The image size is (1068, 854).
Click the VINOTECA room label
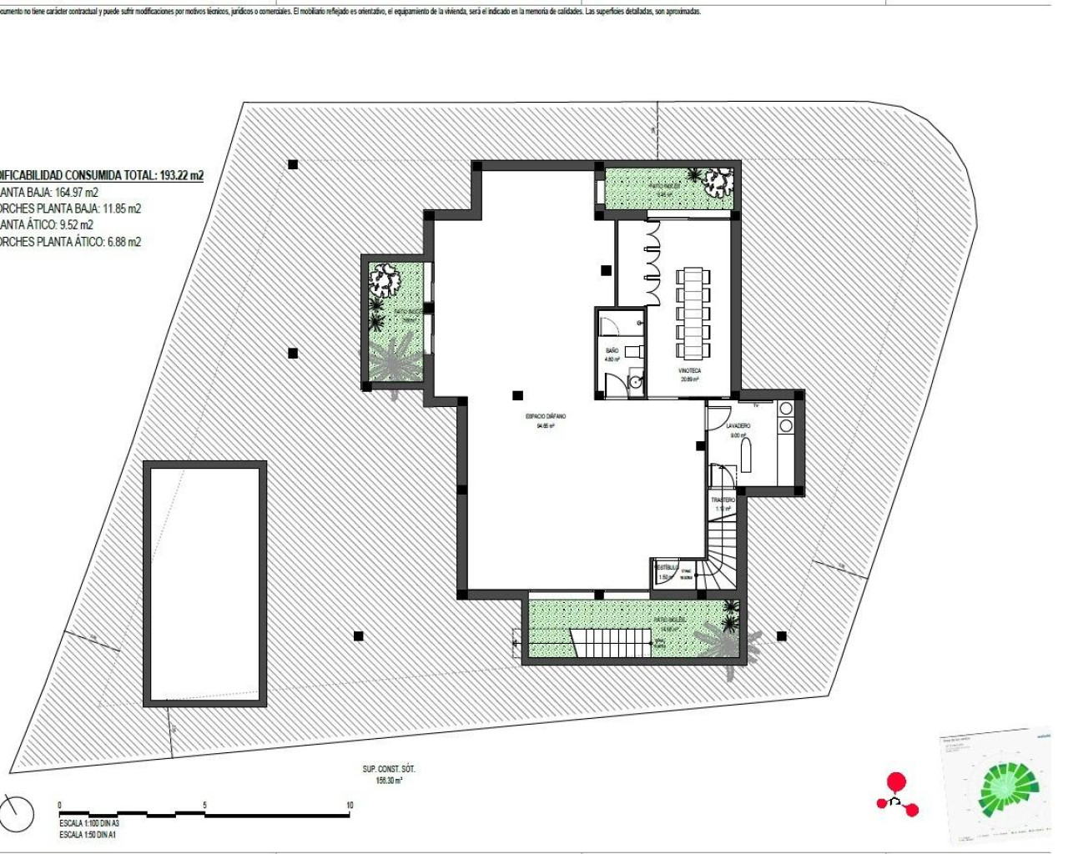tap(689, 370)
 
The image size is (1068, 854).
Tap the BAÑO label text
tap(612, 350)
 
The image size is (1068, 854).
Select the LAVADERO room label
tap(738, 425)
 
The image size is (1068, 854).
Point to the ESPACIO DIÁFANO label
tap(546, 415)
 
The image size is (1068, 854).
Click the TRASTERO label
tap(723, 500)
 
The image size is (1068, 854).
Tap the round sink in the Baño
tap(636, 383)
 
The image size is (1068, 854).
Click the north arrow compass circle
tap(18, 814)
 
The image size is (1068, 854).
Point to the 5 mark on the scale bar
tap(204, 806)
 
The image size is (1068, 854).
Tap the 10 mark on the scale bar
tap(350, 806)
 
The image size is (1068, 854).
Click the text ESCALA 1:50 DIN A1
tap(88, 834)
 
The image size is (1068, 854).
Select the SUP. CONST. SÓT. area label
tap(389, 769)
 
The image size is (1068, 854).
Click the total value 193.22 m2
tap(181, 175)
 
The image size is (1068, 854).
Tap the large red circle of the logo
tap(895, 781)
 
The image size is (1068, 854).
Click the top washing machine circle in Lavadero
tap(785, 409)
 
